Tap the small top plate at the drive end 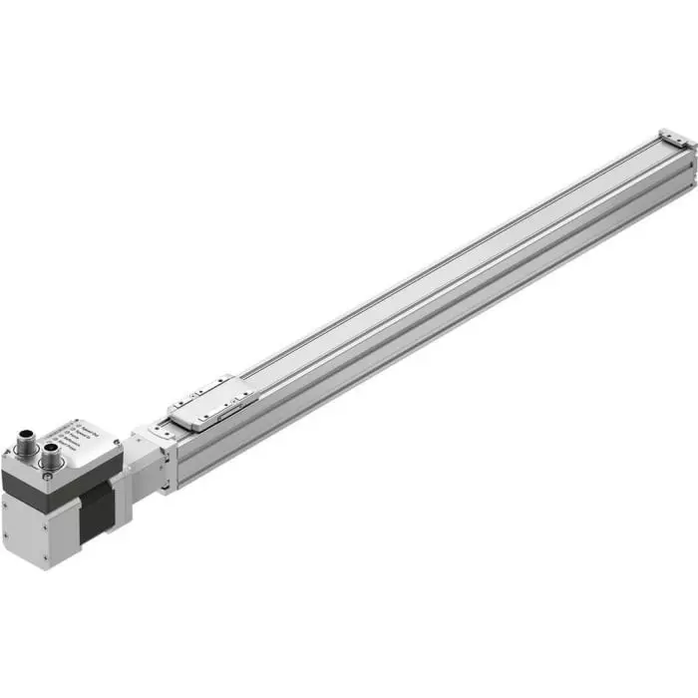tap(160, 431)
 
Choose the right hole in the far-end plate tap(683, 144)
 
